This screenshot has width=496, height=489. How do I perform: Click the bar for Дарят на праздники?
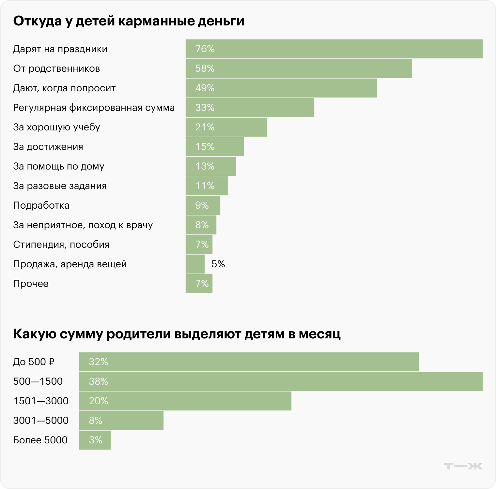[x=334, y=49]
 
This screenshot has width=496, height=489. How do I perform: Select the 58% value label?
[x=205, y=68]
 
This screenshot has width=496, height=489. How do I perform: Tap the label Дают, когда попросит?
[x=64, y=88]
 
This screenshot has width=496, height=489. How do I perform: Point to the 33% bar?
[x=250, y=108]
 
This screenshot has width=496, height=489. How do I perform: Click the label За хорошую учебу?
[x=56, y=127]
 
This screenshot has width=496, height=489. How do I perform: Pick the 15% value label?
[x=205, y=147]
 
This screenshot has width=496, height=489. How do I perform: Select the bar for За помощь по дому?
[x=211, y=166]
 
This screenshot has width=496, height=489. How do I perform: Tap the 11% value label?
[x=205, y=186]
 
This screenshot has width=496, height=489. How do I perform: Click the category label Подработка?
[x=41, y=205]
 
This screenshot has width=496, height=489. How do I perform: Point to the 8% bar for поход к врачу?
[x=201, y=225]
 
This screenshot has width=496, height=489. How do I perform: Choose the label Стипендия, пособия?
[x=61, y=244]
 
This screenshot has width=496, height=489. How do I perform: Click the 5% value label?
[x=218, y=264]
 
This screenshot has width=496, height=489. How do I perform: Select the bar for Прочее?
[x=199, y=284]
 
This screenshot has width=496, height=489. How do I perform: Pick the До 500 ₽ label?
[x=34, y=362]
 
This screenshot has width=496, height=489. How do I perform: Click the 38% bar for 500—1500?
[x=281, y=381]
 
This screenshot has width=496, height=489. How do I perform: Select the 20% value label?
[x=98, y=401]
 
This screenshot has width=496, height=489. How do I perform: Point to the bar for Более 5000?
[x=95, y=440]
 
